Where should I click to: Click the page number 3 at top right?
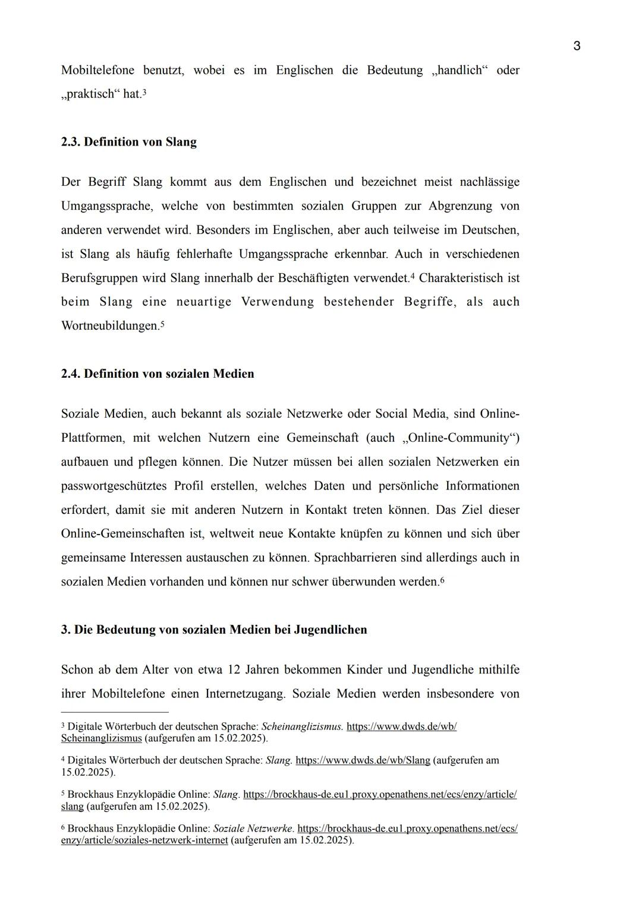pyautogui.click(x=577, y=46)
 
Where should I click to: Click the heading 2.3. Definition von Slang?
pyautogui.click(x=128, y=142)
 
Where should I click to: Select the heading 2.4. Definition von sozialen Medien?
pyautogui.click(x=157, y=374)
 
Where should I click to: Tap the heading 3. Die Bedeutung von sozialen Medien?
pyautogui.click(x=213, y=629)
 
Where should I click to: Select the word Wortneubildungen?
pyautogui.click(x=110, y=326)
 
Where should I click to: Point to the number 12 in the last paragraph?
pyautogui.click(x=234, y=669)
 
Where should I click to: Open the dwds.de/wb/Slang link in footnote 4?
pyautogui.click(x=363, y=760)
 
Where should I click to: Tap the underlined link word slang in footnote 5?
pyautogui.click(x=72, y=807)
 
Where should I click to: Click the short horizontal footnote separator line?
pyautogui.click(x=115, y=712)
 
